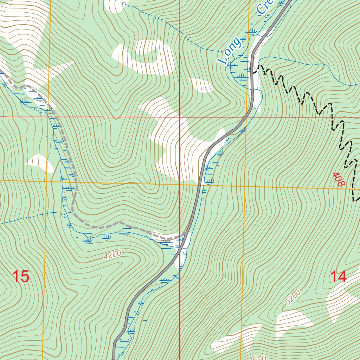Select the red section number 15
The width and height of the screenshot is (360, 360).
tap(21, 277)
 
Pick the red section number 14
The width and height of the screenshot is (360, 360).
tap(338, 277)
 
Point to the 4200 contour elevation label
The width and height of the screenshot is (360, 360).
tap(112, 255)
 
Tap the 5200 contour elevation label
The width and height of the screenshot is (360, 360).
tap(293, 297)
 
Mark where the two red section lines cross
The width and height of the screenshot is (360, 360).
tap(180, 117)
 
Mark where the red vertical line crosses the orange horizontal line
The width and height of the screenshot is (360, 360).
tap(180, 183)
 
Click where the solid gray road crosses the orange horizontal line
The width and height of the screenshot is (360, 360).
tap(199, 184)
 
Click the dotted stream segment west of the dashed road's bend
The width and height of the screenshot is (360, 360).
tap(32, 217)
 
